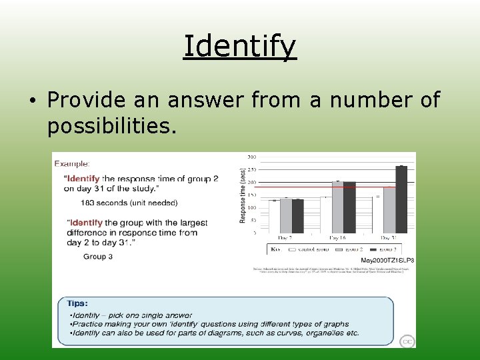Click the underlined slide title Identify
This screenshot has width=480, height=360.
pyautogui.click(x=239, y=47)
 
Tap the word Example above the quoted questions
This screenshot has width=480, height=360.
pyautogui.click(x=72, y=163)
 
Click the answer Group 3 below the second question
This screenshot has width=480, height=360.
pyautogui.click(x=97, y=256)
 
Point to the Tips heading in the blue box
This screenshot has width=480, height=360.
pyautogui.click(x=78, y=303)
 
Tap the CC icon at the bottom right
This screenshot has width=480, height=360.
pyautogui.click(x=407, y=341)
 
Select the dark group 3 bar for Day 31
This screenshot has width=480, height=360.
pyautogui.click(x=401, y=199)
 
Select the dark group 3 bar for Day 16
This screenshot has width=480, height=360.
pyautogui.click(x=349, y=207)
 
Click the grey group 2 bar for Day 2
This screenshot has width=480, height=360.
pyautogui.click(x=285, y=215)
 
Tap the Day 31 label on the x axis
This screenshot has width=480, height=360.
pyautogui.click(x=390, y=238)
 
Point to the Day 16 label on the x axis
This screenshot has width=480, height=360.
pyautogui.click(x=338, y=238)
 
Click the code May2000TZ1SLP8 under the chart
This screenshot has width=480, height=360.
pyautogui.click(x=388, y=260)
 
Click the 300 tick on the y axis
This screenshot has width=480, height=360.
pyautogui.click(x=252, y=157)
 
